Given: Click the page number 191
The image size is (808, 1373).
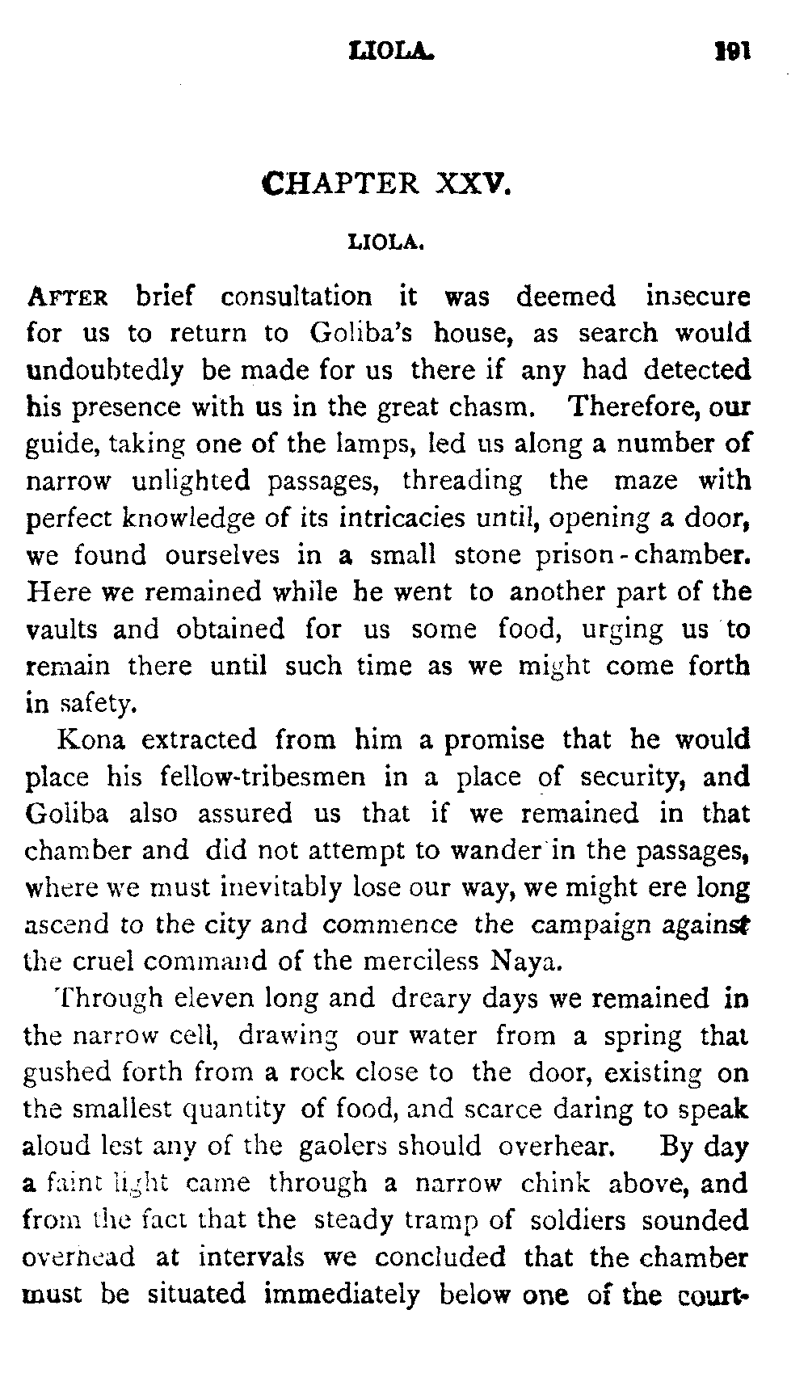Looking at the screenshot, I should [734, 52].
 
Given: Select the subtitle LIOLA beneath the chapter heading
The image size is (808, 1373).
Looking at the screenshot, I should [386, 241].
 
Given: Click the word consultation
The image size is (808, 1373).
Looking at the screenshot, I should [297, 297].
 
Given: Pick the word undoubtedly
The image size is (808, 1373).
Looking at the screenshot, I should [105, 371].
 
